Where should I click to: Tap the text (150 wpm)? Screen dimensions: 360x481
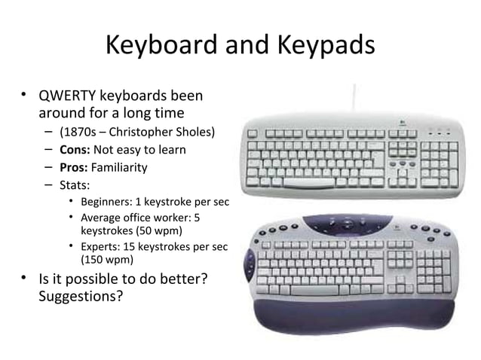pyautogui.click(x=108, y=261)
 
